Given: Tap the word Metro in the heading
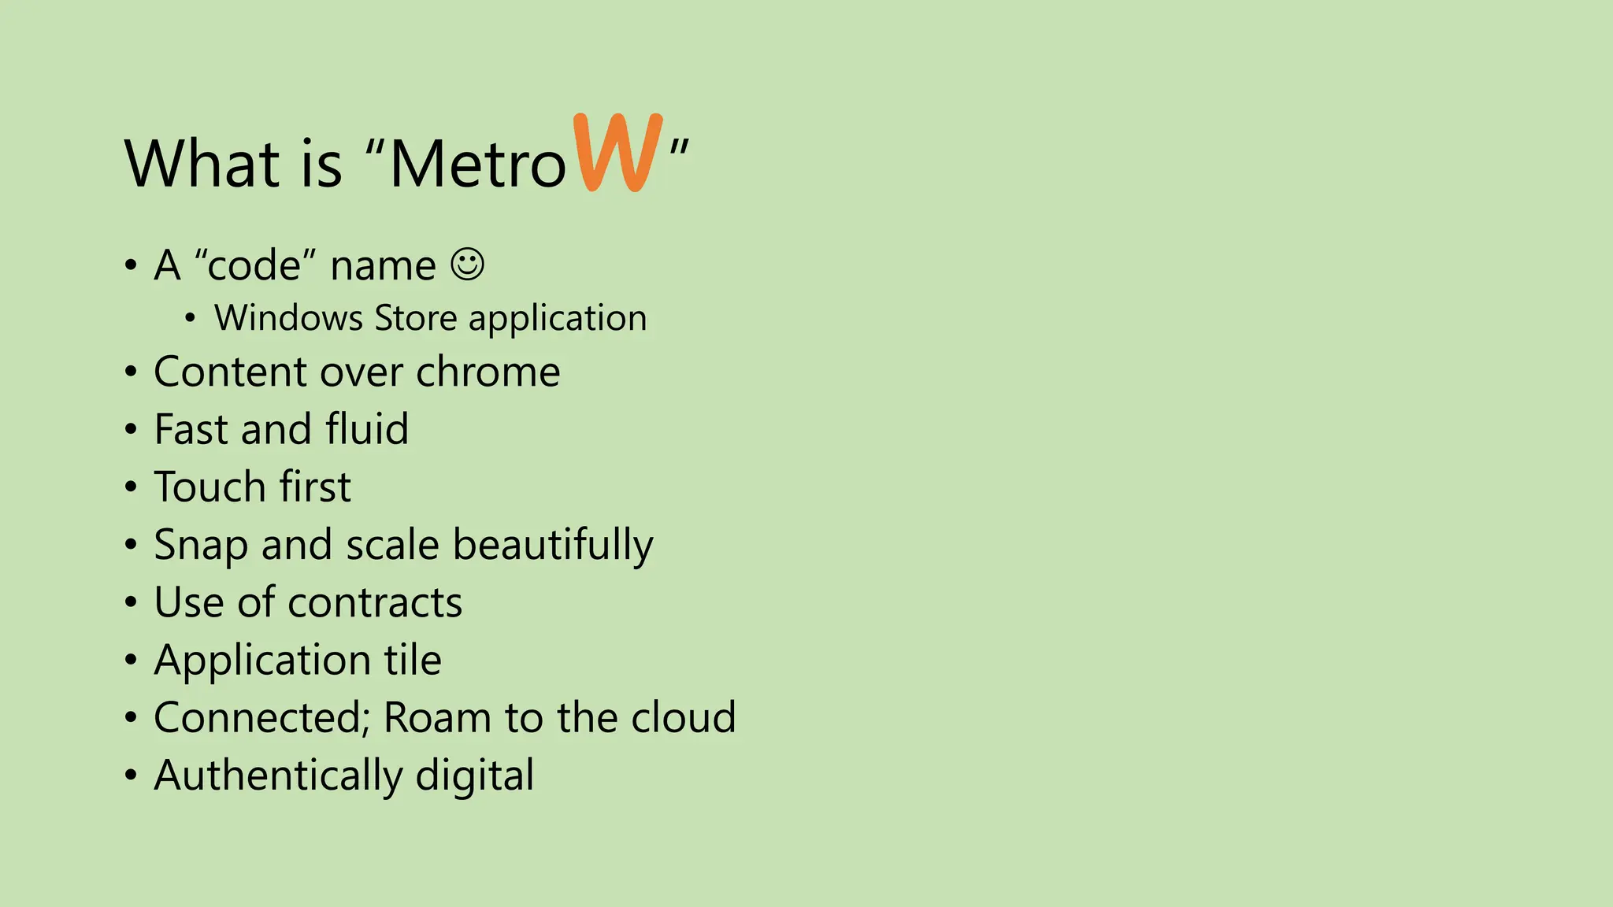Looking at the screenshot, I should point(477,165).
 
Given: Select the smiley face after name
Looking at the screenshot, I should point(467,265).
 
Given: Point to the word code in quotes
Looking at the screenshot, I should point(254,265).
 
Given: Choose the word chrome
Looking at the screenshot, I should point(488,372).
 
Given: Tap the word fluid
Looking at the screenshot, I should point(367,429).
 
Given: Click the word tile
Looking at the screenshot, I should point(413,660).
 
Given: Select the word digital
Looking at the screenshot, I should point(475,776).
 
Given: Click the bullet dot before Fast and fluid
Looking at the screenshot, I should point(131,430).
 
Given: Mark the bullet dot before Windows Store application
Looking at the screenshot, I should point(190,319).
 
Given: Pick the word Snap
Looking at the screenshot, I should point(201,545).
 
